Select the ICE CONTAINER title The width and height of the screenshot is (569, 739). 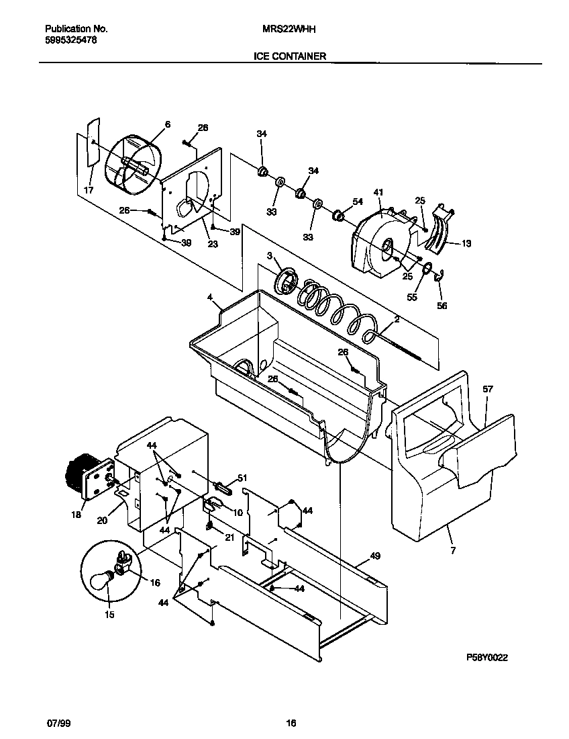[289, 56]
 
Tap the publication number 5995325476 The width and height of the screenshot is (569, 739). [70, 40]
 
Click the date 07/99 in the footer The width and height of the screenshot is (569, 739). [58, 723]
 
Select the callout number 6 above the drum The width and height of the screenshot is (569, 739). [168, 124]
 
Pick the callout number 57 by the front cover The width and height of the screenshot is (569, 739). [487, 389]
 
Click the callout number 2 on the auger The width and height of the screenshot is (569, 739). [397, 320]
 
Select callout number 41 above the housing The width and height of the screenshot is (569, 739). [378, 193]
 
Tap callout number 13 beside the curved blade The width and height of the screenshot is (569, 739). [466, 244]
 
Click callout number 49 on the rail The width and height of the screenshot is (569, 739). [374, 556]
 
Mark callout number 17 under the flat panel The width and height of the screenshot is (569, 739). [88, 190]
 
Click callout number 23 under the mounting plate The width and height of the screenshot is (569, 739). [213, 245]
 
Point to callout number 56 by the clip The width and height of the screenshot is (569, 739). [441, 306]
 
